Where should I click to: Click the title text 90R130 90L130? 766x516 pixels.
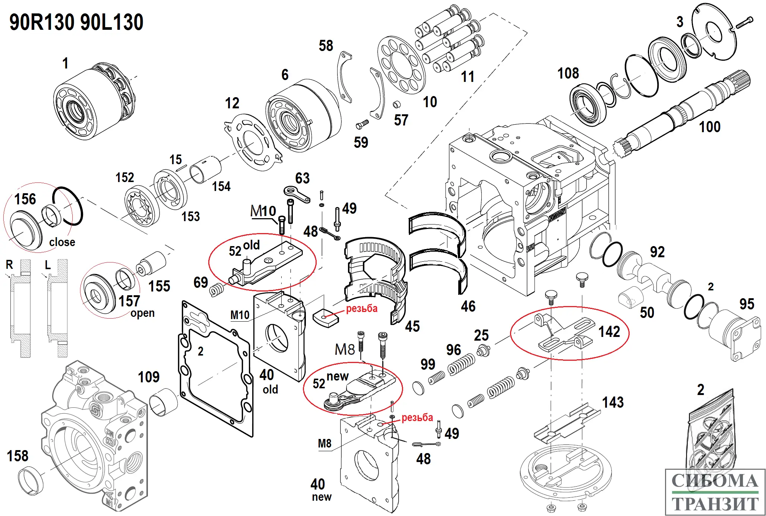(x=76, y=22)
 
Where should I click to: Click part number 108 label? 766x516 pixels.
(x=568, y=73)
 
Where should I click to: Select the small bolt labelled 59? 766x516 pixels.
(x=362, y=124)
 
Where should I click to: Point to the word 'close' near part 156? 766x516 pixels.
(x=62, y=242)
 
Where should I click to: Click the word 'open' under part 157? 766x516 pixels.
(x=142, y=313)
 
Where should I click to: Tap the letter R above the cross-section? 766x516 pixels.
(x=9, y=265)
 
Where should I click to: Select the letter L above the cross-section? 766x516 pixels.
(x=48, y=265)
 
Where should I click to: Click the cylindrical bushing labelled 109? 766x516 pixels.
(x=163, y=402)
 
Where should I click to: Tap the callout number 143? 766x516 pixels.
(x=613, y=402)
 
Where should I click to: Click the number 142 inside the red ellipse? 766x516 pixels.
(x=609, y=332)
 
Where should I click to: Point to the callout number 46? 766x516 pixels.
(x=468, y=306)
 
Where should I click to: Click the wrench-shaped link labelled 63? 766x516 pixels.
(x=297, y=194)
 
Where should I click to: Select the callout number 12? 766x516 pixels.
(x=232, y=103)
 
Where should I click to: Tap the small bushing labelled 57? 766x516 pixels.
(x=397, y=104)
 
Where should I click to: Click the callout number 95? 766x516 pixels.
(x=747, y=304)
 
